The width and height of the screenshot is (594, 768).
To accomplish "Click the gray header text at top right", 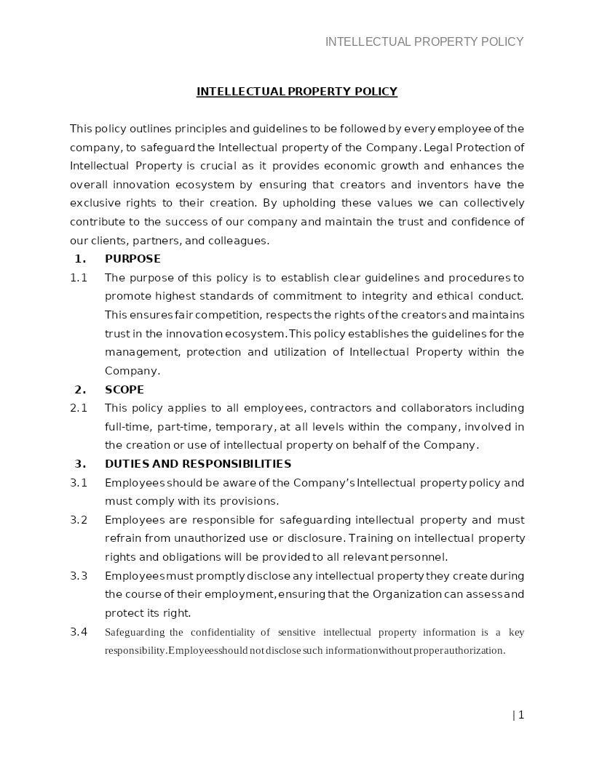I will pos(424,41).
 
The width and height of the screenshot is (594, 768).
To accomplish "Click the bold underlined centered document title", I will pos(297,92).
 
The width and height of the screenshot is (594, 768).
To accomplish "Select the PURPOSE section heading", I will pos(132,259).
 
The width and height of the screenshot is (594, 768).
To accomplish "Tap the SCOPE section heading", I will pos(124,390).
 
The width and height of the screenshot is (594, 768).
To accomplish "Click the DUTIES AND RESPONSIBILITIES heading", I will pos(198,464).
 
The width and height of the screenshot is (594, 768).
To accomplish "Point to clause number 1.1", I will pos(79,278).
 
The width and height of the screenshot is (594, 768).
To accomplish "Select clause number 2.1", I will pos(79,408).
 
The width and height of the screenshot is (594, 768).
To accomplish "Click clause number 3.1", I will pos(79,483).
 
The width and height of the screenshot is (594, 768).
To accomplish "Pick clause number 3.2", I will pos(79,520).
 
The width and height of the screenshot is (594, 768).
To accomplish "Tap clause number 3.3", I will pos(79,576).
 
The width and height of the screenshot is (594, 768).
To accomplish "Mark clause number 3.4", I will pos(79,632).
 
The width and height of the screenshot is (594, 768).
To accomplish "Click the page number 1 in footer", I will pos(521,715).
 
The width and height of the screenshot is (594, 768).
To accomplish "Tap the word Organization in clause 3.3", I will pos(407,595).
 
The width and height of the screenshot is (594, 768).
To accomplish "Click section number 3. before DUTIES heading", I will pos(80,464).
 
